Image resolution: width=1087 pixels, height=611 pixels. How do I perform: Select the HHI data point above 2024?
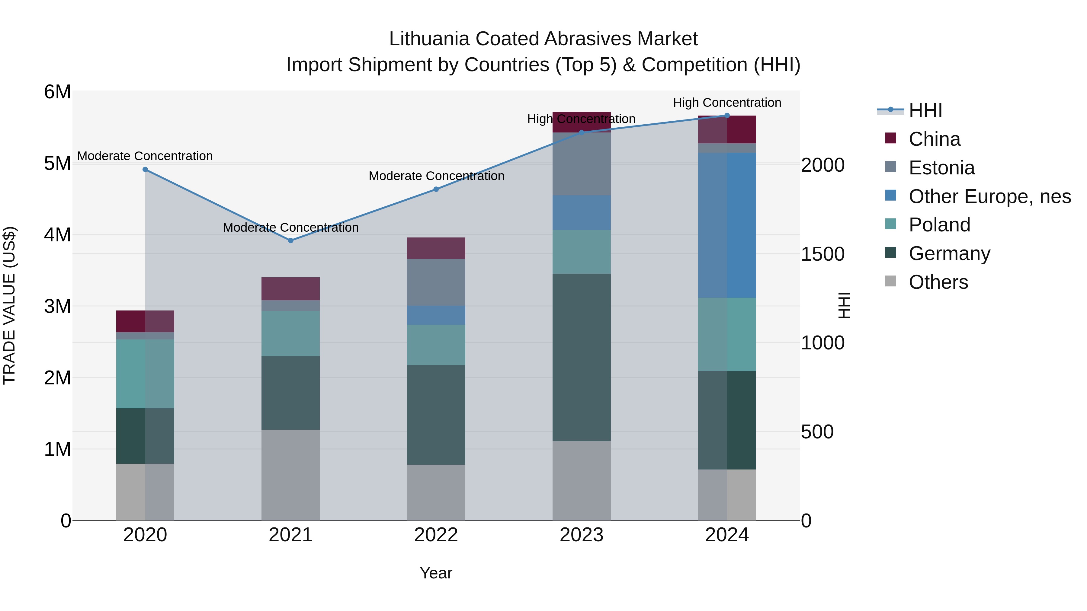click(727, 116)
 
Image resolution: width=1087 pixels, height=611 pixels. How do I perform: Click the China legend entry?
click(934, 139)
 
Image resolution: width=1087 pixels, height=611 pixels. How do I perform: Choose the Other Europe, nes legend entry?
click(989, 196)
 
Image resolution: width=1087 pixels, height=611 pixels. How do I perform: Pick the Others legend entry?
click(938, 282)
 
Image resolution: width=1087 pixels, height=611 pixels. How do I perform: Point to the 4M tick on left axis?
click(57, 235)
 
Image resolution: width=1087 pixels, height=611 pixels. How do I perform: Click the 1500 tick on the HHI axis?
click(822, 254)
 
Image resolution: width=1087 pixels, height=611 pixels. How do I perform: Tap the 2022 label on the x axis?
click(436, 535)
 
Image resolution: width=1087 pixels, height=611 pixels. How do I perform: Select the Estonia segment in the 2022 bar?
click(436, 282)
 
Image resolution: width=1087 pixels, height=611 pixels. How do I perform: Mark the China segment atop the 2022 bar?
click(436, 248)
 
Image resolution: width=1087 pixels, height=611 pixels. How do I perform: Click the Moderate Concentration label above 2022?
click(436, 176)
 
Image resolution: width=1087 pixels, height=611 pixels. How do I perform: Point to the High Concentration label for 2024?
click(727, 103)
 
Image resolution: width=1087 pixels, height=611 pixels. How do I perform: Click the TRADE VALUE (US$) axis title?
click(9, 305)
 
